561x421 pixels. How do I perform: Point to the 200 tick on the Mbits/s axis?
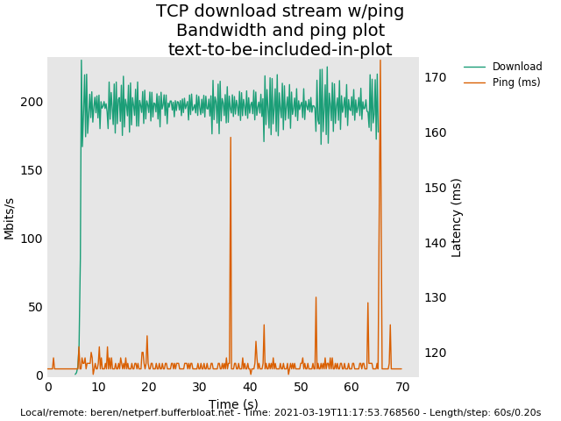[x=32, y=102]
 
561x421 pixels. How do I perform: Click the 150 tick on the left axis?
[x=32, y=170]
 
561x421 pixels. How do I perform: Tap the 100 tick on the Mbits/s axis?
[x=32, y=239]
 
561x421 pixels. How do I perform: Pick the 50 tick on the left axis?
[x=36, y=307]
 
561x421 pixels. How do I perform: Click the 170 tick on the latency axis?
[x=436, y=77]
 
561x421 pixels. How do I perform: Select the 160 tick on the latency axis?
[x=436, y=132]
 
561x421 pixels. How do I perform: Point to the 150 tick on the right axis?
[x=436, y=188]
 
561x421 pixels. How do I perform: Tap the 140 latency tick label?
[x=436, y=243]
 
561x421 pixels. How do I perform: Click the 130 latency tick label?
[x=436, y=298]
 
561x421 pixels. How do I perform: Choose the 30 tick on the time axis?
[x=199, y=387]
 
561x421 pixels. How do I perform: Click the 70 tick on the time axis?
[x=402, y=387]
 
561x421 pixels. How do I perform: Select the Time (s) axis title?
[x=233, y=404]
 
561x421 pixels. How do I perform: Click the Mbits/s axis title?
[x=10, y=218]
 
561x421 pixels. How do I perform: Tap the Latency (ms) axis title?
[x=457, y=218]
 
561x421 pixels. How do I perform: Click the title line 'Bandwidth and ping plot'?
[x=280, y=31]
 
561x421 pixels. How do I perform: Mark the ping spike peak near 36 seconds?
[x=231, y=138]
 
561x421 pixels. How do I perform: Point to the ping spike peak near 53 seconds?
[x=316, y=297]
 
